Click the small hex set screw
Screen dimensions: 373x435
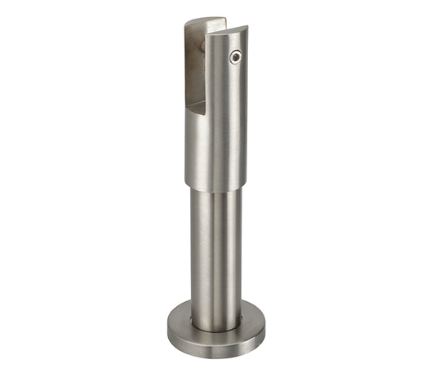tap(236, 58)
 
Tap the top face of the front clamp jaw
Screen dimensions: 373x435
tap(225, 31)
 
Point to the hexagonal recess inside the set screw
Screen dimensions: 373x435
tap(236, 58)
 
